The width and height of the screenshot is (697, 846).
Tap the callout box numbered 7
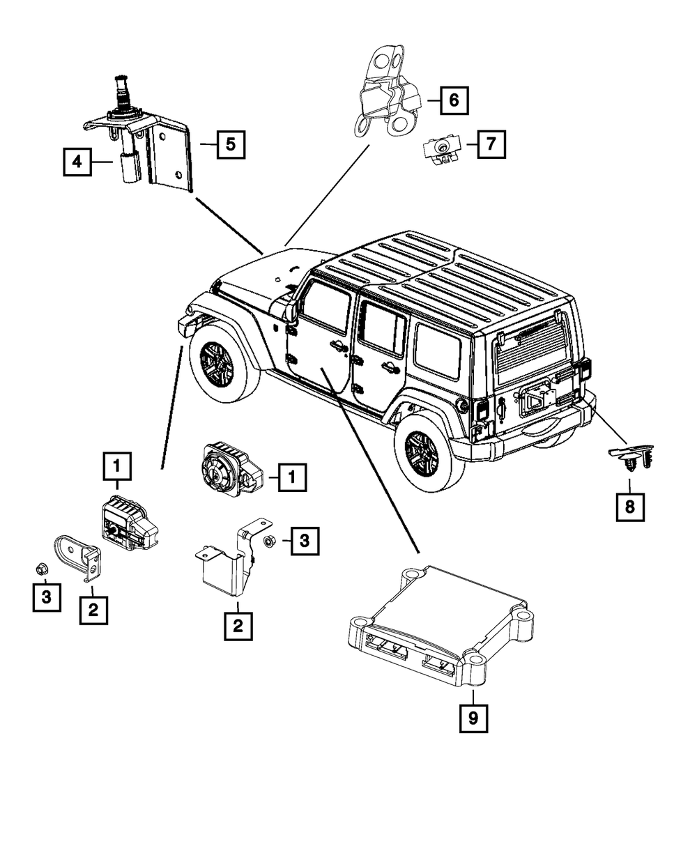tap(491, 145)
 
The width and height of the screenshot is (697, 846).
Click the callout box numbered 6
tap(454, 100)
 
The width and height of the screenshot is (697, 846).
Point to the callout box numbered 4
tap(77, 162)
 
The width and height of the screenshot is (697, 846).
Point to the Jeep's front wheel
tap(222, 364)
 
